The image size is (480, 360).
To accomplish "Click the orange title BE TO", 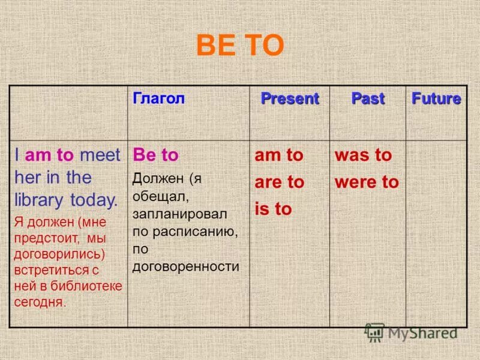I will click(240, 46).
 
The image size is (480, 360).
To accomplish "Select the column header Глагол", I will click(158, 99).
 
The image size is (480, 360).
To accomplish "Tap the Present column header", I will click(289, 99).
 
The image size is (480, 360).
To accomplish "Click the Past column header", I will click(367, 99).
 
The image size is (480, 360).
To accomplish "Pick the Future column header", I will click(436, 99).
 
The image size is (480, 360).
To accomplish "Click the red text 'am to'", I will click(279, 155).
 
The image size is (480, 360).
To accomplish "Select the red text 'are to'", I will click(280, 182).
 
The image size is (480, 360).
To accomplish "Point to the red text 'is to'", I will click(273, 209).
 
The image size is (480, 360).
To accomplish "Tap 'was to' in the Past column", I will click(363, 155).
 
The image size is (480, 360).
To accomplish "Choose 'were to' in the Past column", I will click(367, 182).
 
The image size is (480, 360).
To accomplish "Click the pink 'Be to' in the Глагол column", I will click(155, 155).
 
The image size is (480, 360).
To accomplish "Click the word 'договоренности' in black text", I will click(186, 266).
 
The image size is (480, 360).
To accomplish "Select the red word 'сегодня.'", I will click(40, 302).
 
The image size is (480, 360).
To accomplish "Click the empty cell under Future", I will click(436, 234).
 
